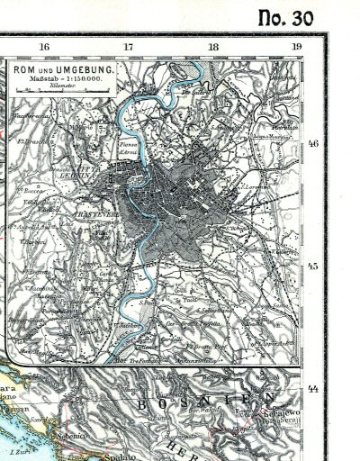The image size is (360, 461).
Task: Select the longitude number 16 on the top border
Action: [x=44, y=47]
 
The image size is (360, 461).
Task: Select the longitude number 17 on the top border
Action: [x=129, y=47]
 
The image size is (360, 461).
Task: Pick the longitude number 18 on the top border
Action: [x=213, y=47]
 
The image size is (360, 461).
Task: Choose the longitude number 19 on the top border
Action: [x=296, y=47]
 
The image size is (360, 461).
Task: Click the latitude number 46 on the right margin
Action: [x=314, y=143]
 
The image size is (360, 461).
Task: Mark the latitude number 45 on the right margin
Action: [x=314, y=267]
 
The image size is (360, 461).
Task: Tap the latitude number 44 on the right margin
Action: [x=314, y=388]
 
